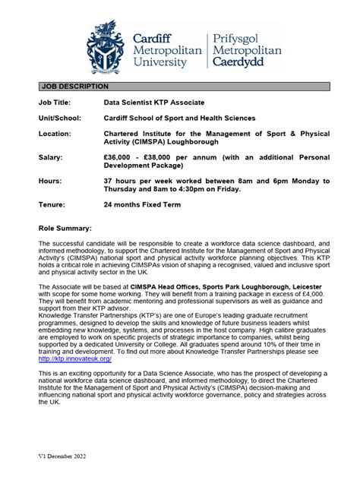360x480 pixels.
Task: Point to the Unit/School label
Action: [x=58, y=118]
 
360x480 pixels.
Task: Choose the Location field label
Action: [x=55, y=133]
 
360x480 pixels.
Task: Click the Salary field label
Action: [x=50, y=156]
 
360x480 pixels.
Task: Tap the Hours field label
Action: [x=49, y=181]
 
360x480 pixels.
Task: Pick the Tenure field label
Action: [x=51, y=204]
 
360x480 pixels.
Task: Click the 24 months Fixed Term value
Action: [x=148, y=204]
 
